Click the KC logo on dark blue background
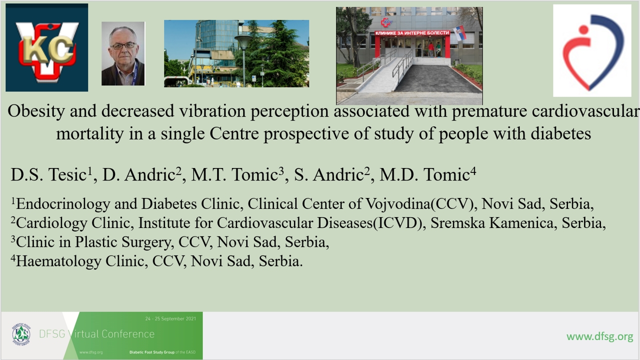47,47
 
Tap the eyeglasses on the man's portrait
123,45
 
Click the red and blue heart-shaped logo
592,51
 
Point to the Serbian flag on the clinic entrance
459,33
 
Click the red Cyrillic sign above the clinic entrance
412,33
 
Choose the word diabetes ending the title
560,133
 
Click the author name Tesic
67,174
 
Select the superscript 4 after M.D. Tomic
473,171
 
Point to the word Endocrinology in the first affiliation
63,204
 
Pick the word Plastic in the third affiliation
96,242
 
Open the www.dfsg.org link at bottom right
599,336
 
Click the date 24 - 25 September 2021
170,318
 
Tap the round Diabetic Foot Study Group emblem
21,334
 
